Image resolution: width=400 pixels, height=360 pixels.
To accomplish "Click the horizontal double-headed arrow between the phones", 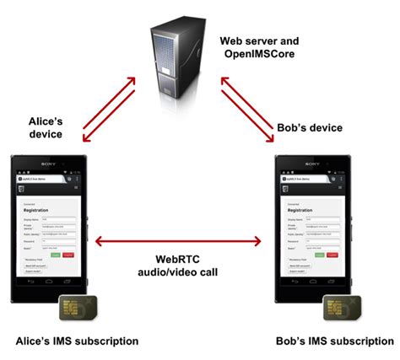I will coord(178,243).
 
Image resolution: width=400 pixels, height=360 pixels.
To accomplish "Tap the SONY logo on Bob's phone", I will coord(314,164).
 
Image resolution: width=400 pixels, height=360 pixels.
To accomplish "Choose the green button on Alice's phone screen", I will coord(56,254).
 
